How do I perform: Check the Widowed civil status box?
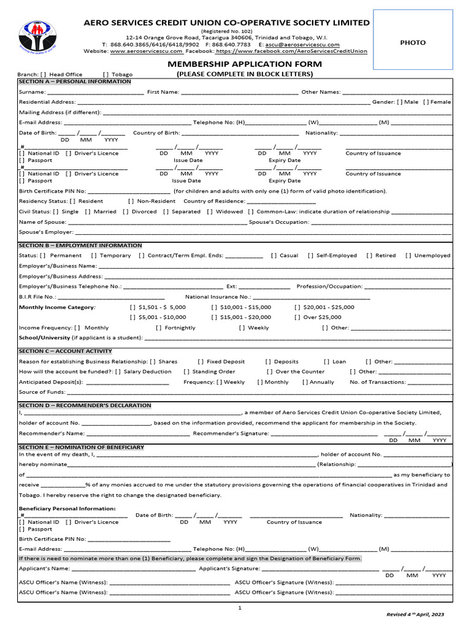[209, 212]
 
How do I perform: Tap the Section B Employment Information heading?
[80, 245]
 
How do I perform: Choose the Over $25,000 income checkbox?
[297, 317]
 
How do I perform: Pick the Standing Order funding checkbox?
[186, 372]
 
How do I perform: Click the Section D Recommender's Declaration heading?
[85, 405]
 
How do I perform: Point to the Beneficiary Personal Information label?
[67, 508]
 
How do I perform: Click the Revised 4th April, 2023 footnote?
[415, 614]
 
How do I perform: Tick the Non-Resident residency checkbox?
[131, 201]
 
